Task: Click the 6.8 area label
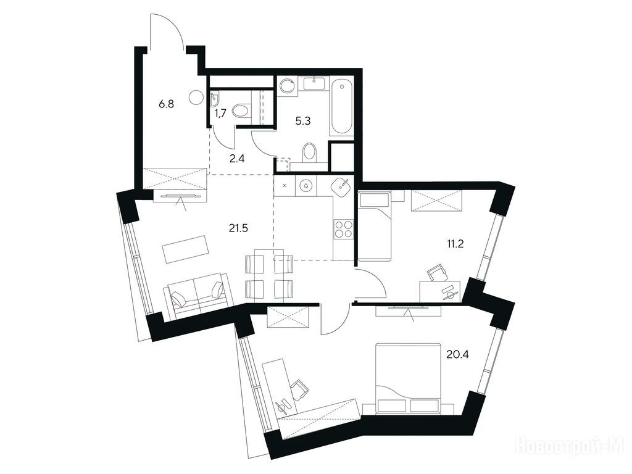166,104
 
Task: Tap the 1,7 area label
220,114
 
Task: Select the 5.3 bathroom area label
302,121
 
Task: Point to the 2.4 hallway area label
237,159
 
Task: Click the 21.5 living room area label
239,228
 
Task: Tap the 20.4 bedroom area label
457,355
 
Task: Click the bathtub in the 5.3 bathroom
342,107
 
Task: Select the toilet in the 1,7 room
241,110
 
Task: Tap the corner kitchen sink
343,188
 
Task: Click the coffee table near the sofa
186,248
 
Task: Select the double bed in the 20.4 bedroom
408,378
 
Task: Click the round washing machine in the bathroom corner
287,86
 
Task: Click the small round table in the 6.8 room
197,97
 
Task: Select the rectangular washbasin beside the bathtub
314,83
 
